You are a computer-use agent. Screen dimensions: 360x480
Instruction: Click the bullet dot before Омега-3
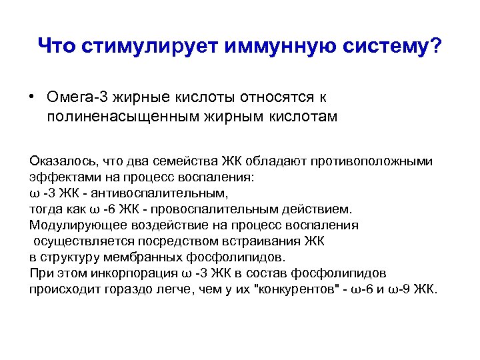pos(32,97)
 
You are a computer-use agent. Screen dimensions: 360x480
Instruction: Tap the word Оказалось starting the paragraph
pos(61,161)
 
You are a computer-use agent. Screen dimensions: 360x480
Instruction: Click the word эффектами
pos(62,177)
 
